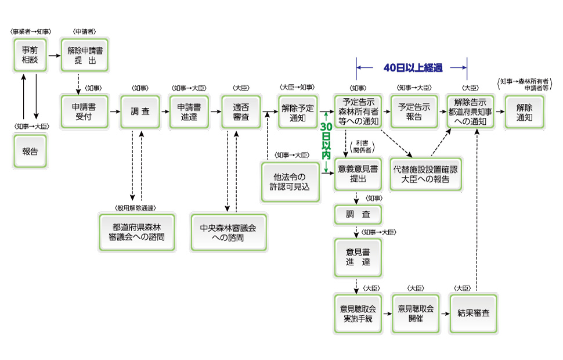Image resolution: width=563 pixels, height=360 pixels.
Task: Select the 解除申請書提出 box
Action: click(x=85, y=56)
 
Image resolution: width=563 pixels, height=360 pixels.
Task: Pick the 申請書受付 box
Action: click(x=85, y=111)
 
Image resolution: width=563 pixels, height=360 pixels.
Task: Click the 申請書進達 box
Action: click(x=189, y=111)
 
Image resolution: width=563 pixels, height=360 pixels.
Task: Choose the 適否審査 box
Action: click(x=241, y=111)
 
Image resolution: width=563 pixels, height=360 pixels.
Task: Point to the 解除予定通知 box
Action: click(x=298, y=111)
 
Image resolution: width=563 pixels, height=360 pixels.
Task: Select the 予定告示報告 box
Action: click(x=414, y=111)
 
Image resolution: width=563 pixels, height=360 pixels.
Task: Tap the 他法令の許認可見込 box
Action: click(x=290, y=182)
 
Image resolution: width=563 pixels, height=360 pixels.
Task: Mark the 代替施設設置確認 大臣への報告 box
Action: click(x=425, y=174)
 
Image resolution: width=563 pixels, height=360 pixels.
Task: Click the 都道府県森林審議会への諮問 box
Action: click(x=136, y=232)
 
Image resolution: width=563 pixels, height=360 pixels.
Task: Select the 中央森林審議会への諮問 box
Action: click(x=229, y=232)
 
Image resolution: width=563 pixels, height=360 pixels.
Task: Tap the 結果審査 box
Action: click(x=474, y=313)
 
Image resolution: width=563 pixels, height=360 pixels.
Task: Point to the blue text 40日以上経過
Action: click(x=413, y=67)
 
